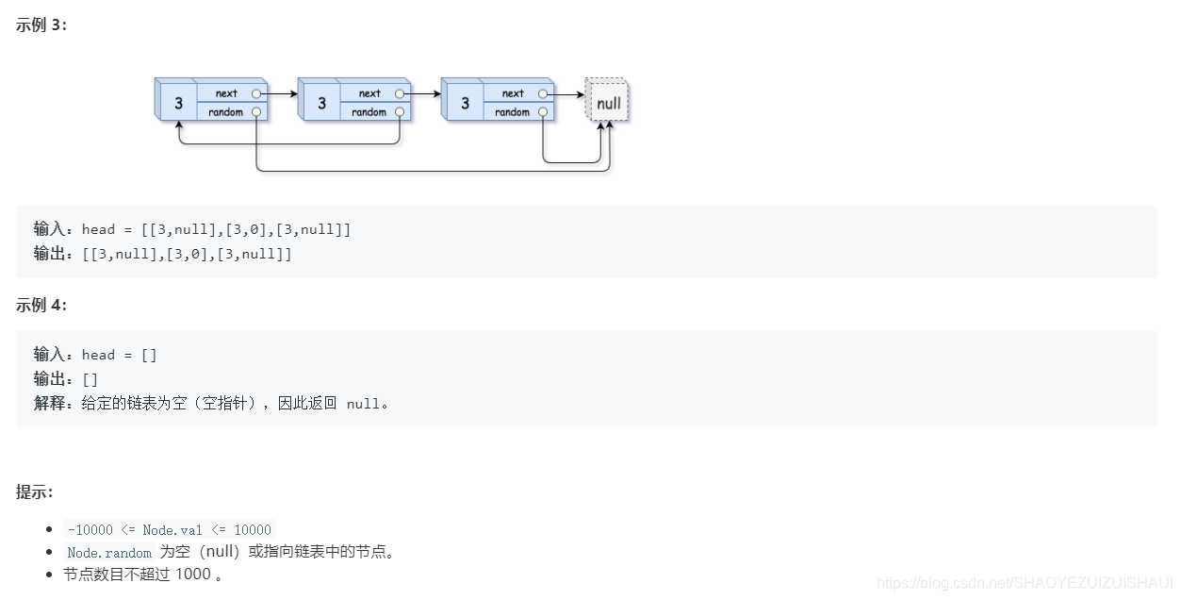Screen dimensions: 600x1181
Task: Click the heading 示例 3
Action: point(41,25)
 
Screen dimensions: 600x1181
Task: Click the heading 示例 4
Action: point(41,305)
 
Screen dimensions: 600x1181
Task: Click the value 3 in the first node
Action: point(178,103)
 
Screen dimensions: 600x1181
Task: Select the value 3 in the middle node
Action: point(321,103)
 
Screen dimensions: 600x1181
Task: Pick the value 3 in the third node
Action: point(465,103)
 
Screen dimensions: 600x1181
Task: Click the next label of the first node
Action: point(226,93)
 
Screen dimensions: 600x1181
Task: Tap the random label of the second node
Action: point(369,112)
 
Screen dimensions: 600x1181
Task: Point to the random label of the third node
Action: point(512,112)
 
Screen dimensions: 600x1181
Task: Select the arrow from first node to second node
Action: point(280,94)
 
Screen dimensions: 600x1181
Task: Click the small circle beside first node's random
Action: point(256,112)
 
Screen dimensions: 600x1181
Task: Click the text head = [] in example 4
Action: point(120,355)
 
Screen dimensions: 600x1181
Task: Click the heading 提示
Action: point(34,492)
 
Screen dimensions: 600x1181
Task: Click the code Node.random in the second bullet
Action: point(109,553)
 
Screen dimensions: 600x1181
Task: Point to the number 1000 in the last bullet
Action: point(192,574)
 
